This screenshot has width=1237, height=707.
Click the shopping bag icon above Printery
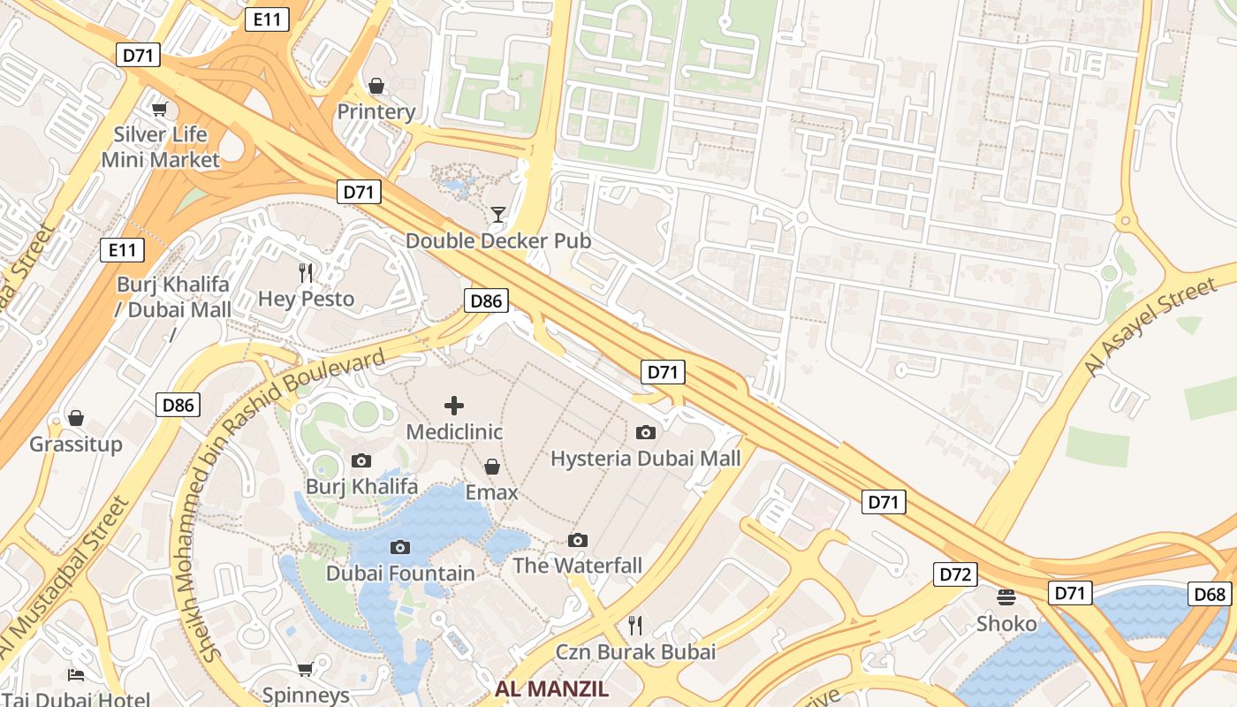coord(376,86)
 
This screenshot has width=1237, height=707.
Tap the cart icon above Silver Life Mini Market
coord(159,109)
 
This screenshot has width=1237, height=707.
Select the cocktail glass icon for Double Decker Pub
coord(498,214)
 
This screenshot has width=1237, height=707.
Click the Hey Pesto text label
coord(306,299)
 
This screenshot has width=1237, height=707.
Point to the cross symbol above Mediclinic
coord(454,406)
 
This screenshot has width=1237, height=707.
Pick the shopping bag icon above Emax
coord(492,466)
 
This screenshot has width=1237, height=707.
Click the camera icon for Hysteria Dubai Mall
coord(646,432)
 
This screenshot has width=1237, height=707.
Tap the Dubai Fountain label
coord(400,574)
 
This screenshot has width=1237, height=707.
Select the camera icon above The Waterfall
coord(578,540)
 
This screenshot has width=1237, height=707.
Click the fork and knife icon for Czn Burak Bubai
coord(635,626)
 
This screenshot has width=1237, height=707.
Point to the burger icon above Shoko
coord(1006,597)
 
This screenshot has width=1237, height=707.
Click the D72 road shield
coord(955,574)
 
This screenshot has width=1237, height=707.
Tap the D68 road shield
coord(1210,594)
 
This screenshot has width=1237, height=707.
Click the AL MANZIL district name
coord(551,689)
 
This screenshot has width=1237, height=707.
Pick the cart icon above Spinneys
coord(306,669)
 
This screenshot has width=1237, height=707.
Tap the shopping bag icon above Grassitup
coord(76,417)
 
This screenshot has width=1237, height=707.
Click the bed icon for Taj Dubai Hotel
coord(76,675)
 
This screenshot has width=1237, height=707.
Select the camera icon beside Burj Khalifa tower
coord(361,460)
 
